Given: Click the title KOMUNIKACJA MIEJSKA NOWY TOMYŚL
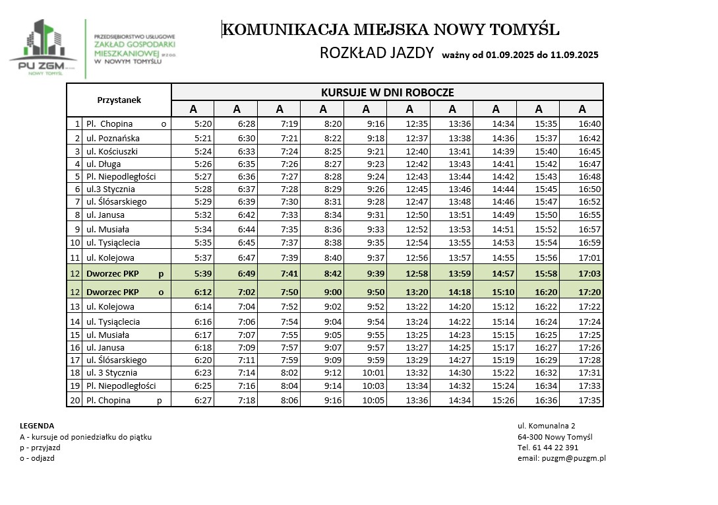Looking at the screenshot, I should point(391,30).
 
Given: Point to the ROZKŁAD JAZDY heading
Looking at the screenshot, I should point(376,53).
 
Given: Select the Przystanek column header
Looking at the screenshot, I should point(119,100).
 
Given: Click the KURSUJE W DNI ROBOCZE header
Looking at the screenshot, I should point(387,92).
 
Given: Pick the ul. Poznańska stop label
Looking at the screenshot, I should point(113,138).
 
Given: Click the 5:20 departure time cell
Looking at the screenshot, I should point(203,123).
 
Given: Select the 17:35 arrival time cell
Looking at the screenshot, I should point(589,400).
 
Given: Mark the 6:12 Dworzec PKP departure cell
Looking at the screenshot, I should point(203,291).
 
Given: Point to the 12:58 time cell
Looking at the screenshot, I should point(417,273).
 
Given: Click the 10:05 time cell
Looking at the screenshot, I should point(373,400).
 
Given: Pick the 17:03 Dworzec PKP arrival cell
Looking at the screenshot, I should point(589,273).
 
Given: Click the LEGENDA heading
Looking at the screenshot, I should point(37,426).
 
